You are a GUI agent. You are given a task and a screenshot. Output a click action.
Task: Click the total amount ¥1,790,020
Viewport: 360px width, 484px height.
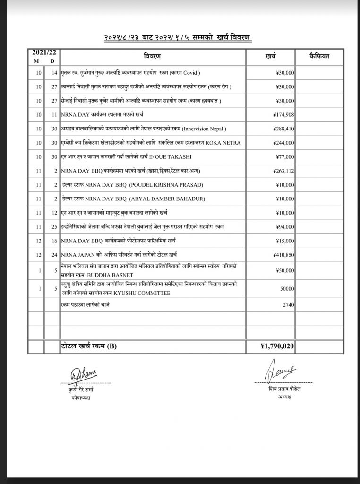tap(278, 346)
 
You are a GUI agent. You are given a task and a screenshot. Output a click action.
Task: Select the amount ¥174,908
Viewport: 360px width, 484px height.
tap(283, 114)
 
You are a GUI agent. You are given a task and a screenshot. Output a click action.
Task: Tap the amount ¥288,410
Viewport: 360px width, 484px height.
tap(283, 128)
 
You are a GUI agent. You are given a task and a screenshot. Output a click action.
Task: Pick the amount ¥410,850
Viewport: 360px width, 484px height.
tap(283, 255)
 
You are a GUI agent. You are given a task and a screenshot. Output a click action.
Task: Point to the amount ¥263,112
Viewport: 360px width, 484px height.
tap(283, 171)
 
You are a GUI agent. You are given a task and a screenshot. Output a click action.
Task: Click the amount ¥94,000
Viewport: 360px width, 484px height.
tap(285, 227)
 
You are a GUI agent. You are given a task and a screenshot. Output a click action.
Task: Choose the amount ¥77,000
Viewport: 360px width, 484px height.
tap(285, 156)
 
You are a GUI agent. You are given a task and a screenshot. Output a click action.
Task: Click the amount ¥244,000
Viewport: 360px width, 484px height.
tap(283, 142)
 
